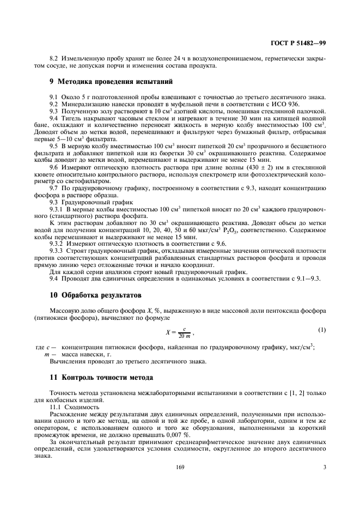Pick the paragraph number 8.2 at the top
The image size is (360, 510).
pyautogui.click(x=54, y=58)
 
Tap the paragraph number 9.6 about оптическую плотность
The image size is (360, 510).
pyautogui.click(x=54, y=168)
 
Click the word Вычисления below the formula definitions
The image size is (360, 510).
pyautogui.click(x=69, y=361)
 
